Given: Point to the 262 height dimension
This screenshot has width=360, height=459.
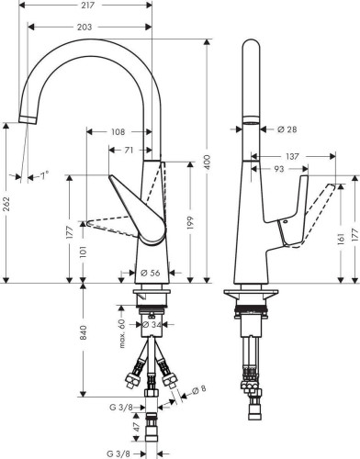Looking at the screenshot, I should click(6, 204).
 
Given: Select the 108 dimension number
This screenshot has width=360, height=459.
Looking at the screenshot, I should click(118, 132).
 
